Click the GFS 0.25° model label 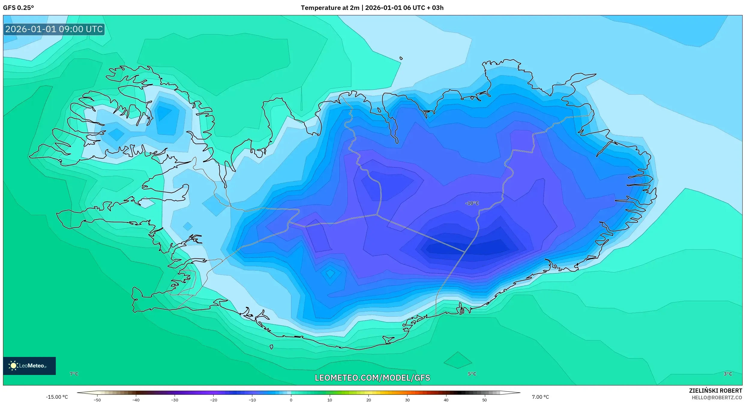point(18,8)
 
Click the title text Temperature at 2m point(330,8)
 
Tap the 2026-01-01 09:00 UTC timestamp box point(54,29)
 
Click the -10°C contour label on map point(472,203)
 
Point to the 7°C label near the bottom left point(74,374)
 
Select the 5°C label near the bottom point(472,374)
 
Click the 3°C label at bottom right point(728,374)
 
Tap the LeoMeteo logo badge point(29,366)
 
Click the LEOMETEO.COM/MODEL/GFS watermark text point(372,378)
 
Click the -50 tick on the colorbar point(97,400)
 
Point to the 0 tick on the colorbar point(291,400)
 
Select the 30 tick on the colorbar point(407,400)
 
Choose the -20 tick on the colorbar point(213,400)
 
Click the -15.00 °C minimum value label point(57,397)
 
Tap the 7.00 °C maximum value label point(540,397)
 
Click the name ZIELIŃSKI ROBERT point(715,391)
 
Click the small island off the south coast point(271,347)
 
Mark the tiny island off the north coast point(401,58)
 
